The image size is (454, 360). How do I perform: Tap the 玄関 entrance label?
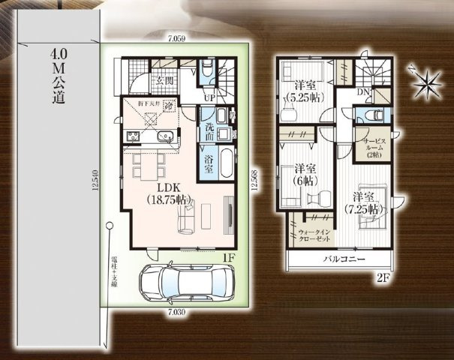point(165,80)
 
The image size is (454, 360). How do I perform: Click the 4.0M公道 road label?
point(58,75)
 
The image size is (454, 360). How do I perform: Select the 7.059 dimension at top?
point(177,35)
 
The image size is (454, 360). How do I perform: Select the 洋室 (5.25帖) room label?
point(304,90)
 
